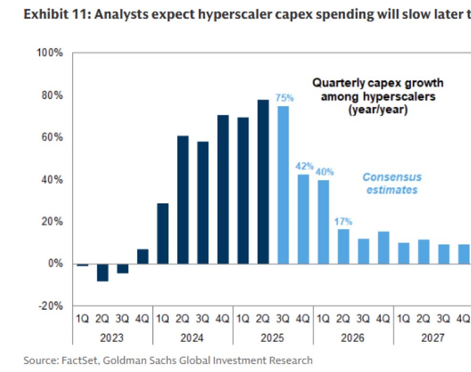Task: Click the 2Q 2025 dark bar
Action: pos(263,182)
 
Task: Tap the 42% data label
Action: pos(304,167)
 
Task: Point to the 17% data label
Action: pos(343,221)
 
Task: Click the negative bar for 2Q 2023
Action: pos(103,273)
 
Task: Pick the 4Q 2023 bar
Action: pos(143,257)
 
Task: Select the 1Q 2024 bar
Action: pos(162,234)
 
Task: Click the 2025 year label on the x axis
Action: pos(273,338)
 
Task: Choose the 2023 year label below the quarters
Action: pos(113,338)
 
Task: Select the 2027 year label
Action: pos(433,338)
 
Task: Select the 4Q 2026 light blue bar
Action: pos(384,248)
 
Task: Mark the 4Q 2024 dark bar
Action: pos(223,189)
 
